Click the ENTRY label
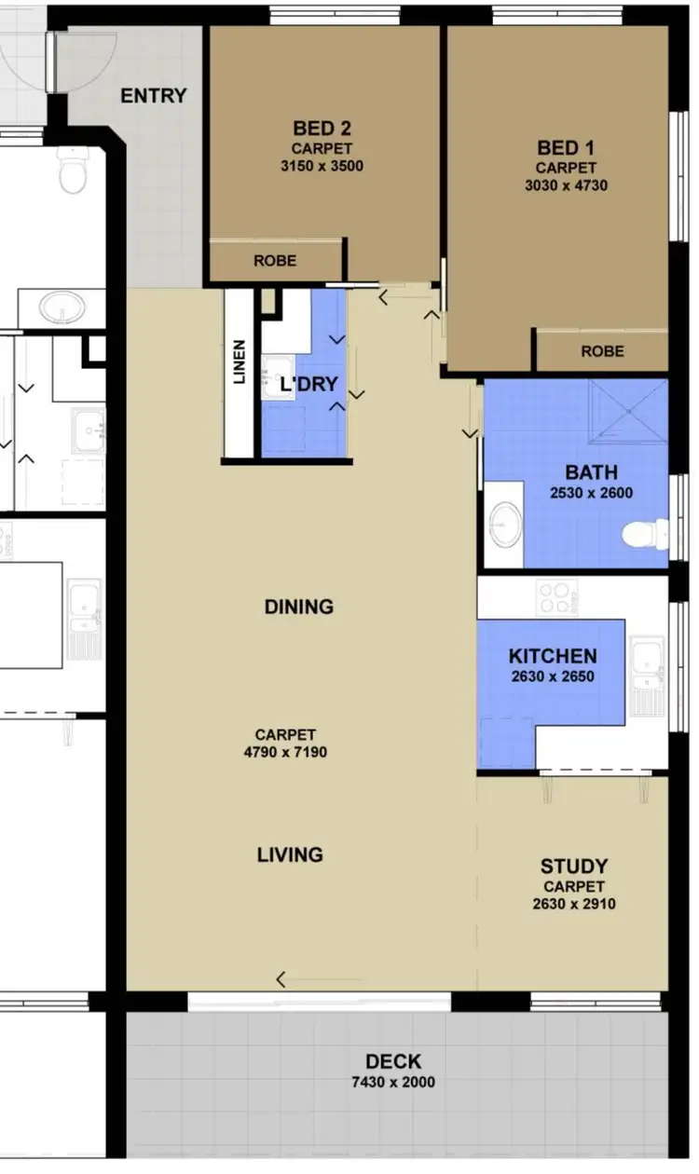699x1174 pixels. (x=154, y=96)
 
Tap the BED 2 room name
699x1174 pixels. (x=322, y=129)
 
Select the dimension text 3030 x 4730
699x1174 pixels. (x=566, y=185)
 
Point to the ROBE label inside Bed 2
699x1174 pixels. (x=275, y=262)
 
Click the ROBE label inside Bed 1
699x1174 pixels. (x=602, y=351)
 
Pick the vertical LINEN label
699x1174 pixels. (x=240, y=362)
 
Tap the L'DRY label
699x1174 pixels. (x=309, y=384)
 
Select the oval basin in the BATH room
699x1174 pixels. (x=506, y=524)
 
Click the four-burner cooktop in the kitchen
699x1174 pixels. (x=557, y=597)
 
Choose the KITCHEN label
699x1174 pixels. (x=553, y=657)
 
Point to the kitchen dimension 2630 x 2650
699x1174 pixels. (x=553, y=677)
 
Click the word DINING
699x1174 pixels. (x=298, y=607)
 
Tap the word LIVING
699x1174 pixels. (x=290, y=854)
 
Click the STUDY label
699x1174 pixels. (x=574, y=867)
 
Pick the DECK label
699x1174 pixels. (x=393, y=1061)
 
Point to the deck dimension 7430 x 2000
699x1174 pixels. (x=393, y=1082)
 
